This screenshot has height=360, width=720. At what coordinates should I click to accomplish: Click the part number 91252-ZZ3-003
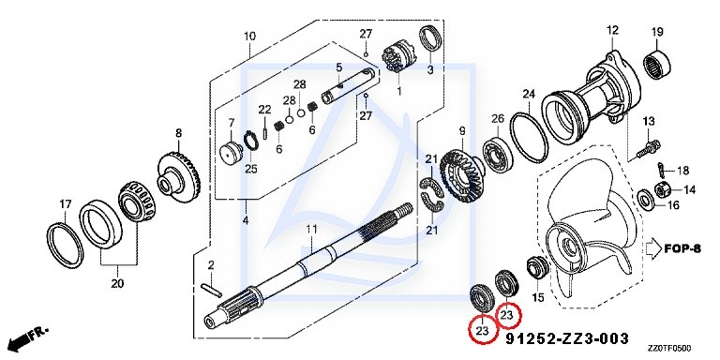pyautogui.click(x=567, y=338)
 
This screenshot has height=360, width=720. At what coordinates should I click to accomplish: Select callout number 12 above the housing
pyautogui.click(x=612, y=31)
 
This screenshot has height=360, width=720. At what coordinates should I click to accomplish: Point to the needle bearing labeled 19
pyautogui.click(x=657, y=65)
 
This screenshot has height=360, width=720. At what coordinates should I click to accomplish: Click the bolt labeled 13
pyautogui.click(x=649, y=148)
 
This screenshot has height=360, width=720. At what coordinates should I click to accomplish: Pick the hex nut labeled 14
pyautogui.click(x=659, y=189)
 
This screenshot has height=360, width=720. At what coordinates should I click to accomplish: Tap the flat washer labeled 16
pyautogui.click(x=645, y=199)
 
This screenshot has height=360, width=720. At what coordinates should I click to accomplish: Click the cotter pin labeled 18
pyautogui.click(x=662, y=170)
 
